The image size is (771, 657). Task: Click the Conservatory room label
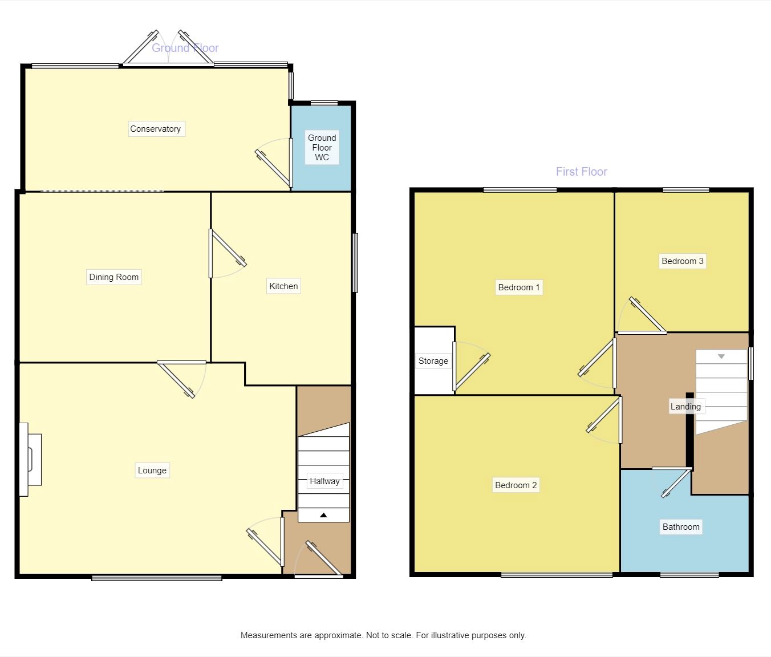tap(156, 129)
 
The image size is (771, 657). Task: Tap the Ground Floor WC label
tap(322, 147)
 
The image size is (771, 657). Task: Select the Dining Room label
tap(113, 277)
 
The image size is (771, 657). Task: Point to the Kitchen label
tap(283, 286)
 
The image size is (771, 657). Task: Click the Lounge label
tap(152, 471)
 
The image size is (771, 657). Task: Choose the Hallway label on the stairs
tap(324, 481)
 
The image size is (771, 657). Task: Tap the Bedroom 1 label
tap(519, 287)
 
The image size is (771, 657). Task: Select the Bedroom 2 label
tap(516, 485)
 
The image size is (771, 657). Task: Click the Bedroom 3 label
tap(682, 261)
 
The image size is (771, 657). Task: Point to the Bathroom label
tap(681, 527)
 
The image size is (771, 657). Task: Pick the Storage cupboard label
tap(433, 361)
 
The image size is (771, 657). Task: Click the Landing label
tap(685, 406)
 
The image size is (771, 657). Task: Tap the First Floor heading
tap(582, 172)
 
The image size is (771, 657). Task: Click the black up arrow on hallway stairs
tap(323, 515)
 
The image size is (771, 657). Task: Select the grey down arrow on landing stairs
tap(721, 356)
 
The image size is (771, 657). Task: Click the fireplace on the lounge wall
tap(30, 459)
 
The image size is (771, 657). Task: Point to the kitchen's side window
tap(355, 263)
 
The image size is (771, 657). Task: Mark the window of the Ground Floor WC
tap(324, 103)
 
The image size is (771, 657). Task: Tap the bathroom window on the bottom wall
tap(689, 575)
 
